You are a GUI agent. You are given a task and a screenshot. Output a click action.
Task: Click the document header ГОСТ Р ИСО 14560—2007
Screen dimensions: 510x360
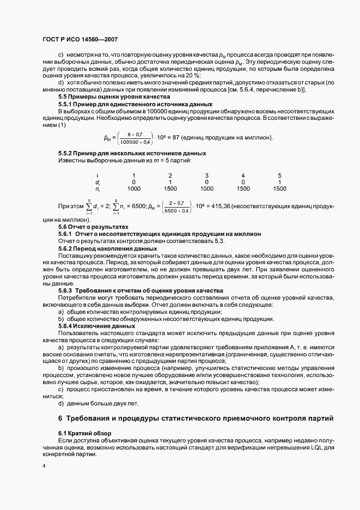(80, 40)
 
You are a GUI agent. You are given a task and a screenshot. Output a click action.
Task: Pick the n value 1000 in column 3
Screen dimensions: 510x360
(206, 189)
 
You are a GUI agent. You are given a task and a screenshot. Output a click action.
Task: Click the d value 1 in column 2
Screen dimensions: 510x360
(170, 182)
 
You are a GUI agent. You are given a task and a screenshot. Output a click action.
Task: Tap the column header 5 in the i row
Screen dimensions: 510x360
(279, 175)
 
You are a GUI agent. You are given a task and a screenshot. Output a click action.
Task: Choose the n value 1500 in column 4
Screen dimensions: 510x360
(243, 189)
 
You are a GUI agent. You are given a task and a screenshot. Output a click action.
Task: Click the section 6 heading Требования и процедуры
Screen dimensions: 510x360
(191, 418)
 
